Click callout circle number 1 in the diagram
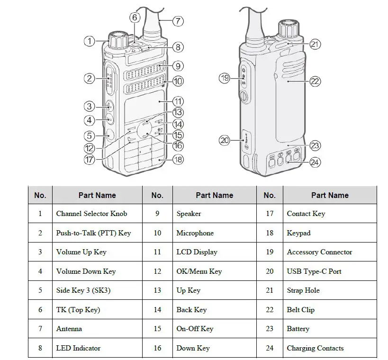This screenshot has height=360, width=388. click(x=90, y=41)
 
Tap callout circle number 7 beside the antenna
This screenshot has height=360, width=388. click(x=178, y=21)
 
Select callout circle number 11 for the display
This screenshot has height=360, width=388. click(x=178, y=101)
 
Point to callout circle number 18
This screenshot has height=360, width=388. click(x=178, y=160)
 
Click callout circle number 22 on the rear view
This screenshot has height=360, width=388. click(x=315, y=81)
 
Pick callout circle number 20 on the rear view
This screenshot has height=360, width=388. click(x=224, y=140)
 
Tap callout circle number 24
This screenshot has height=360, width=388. click(x=315, y=162)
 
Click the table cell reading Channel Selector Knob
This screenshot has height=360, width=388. click(x=91, y=214)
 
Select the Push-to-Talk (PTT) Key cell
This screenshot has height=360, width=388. click(x=93, y=233)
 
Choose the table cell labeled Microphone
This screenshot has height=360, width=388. click(x=195, y=233)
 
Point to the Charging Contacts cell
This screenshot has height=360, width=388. click(x=315, y=348)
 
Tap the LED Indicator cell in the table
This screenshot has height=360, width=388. click(x=78, y=348)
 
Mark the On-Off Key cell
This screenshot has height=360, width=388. click(x=195, y=329)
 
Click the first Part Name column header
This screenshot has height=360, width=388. click(x=97, y=195)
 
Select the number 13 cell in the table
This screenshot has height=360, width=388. click(x=157, y=290)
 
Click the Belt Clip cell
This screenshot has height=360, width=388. click(x=300, y=310)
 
